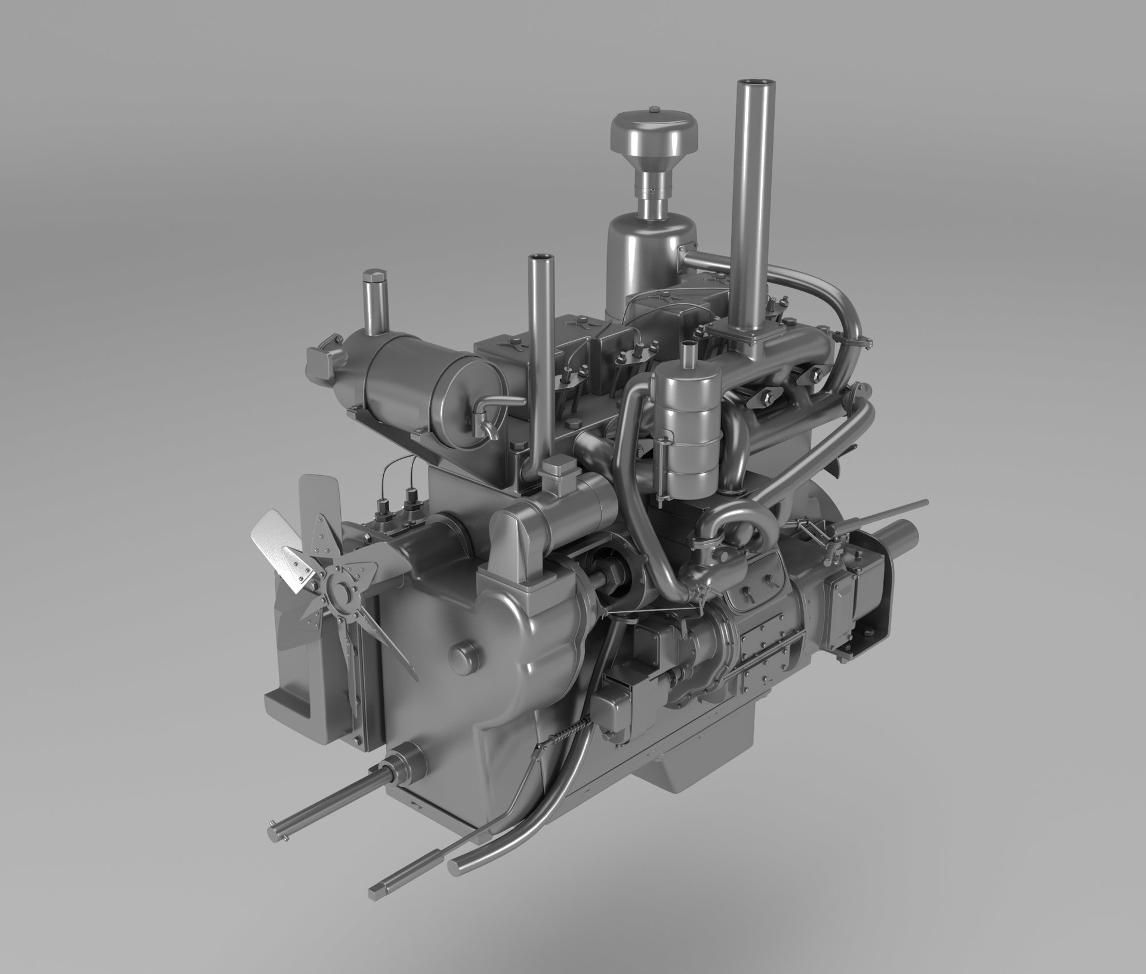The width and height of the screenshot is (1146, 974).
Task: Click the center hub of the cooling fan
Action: point(340,591)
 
